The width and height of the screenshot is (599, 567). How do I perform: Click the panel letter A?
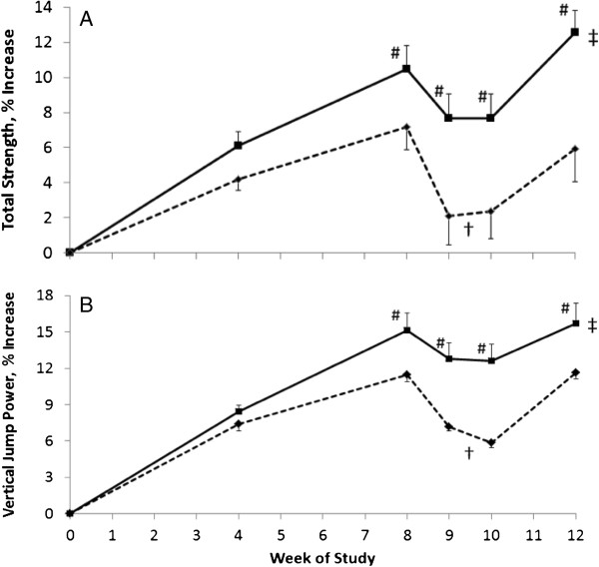click(86, 19)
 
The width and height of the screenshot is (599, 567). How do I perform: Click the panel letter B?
click(86, 305)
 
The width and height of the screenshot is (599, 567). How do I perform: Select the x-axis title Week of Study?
click(322, 558)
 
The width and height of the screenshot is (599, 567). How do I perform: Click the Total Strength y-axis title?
click(8, 130)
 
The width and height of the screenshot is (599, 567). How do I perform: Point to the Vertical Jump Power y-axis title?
click(8, 405)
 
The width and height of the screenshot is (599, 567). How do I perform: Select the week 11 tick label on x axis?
click(533, 535)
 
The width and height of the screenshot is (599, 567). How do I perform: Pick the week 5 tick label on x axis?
click(281, 535)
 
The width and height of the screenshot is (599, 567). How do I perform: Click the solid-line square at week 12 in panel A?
click(575, 32)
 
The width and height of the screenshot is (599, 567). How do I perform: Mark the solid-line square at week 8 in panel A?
click(406, 69)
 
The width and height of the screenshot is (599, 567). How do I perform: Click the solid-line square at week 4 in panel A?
click(238, 145)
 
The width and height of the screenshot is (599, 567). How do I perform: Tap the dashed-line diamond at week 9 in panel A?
click(449, 217)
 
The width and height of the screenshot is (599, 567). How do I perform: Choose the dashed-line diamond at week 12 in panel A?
click(575, 149)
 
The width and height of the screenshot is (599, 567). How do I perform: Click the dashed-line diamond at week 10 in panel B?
click(491, 443)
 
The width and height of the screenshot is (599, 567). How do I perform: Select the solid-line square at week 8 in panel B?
click(407, 330)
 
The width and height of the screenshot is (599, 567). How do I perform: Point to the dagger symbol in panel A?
click(469, 230)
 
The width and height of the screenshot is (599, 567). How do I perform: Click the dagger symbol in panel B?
click(469, 453)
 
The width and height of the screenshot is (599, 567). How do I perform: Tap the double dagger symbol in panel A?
click(593, 38)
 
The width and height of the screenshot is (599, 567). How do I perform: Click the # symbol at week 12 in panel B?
click(565, 308)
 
